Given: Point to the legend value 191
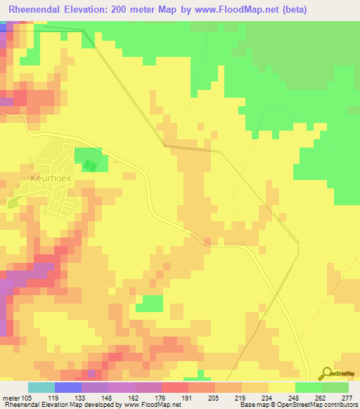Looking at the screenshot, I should [x=187, y=397].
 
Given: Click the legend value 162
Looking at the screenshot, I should [x=134, y=397].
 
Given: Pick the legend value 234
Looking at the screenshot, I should [x=267, y=397].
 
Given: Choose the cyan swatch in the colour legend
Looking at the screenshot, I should [x=41, y=387].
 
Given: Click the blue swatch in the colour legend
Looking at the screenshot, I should [x=67, y=387].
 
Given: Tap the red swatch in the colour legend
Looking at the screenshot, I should [x=174, y=387].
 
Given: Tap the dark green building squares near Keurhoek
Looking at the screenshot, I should [x=89, y=165].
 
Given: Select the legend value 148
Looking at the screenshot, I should [x=107, y=397].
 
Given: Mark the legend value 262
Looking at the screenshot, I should [x=320, y=397].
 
